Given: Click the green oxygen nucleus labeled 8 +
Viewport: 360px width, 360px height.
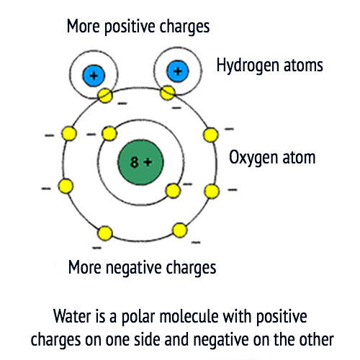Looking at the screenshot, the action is point(140,162).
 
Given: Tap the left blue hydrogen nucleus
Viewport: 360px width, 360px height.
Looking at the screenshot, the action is point(94,76).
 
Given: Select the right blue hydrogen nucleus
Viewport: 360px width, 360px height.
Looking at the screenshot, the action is point(178,71).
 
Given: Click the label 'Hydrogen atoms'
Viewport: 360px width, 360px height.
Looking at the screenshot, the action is point(269,66).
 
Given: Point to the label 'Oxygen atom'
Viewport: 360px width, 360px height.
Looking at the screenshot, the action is point(272,158).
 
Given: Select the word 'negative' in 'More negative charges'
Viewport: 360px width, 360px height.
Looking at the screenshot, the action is point(134,268).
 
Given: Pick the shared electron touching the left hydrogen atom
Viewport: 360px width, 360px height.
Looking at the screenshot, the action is point(105,96).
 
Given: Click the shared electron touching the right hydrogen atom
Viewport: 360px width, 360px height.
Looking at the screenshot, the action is point(168,93).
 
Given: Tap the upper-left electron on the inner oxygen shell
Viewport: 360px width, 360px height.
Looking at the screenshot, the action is point(109,134).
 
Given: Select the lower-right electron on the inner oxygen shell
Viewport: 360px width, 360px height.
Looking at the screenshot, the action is point(173,191).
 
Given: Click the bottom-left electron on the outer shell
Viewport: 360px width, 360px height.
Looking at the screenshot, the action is point(105,233).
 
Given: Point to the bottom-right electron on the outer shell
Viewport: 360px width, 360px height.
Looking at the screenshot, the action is point(180,230).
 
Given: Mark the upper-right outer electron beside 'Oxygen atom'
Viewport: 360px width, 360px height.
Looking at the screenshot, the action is point(211,135).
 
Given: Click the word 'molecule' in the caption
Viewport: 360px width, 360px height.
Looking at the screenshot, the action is point(189,316).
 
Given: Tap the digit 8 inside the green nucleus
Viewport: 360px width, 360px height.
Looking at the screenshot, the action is point(135,162).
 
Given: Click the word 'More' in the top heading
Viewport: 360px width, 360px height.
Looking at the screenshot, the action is point(83,26).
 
